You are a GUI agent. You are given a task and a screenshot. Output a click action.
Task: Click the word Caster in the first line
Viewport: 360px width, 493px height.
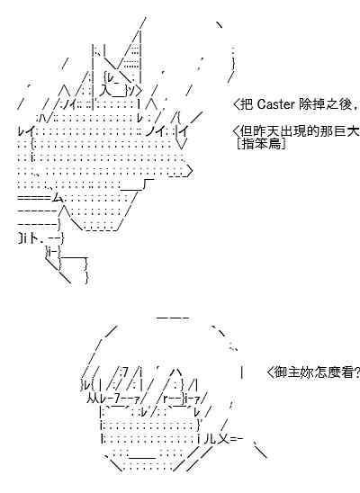pos(275,104)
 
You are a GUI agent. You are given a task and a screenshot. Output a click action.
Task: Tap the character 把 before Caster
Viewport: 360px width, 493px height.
pos(247,104)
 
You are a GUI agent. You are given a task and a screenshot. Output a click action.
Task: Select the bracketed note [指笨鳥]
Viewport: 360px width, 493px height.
pos(262,144)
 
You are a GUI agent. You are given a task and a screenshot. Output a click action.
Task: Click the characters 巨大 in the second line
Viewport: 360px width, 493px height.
pos(346,130)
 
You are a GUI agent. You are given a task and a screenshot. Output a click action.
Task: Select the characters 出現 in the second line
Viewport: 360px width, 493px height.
pos(293,130)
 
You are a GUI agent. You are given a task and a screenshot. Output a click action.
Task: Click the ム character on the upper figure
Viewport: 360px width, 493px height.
pos(58,197)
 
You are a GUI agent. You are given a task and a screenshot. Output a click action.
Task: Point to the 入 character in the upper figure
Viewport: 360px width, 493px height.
pos(104,91)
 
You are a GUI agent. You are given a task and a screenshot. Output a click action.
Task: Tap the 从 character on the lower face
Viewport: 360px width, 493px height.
pos(93,399)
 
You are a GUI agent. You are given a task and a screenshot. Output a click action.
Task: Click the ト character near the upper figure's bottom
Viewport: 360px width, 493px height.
pos(38,239)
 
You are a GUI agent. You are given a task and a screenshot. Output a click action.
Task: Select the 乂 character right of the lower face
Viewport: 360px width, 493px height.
pos(223,439)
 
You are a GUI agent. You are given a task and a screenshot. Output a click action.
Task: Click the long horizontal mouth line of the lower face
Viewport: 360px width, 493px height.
pos(142,458)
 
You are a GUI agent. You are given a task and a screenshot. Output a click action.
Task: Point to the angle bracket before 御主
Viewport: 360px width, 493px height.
pos(270,372)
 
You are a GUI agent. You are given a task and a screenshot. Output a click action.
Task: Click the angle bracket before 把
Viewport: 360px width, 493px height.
pos(237,104)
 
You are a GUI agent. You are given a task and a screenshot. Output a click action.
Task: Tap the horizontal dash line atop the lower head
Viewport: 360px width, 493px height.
pos(173,318)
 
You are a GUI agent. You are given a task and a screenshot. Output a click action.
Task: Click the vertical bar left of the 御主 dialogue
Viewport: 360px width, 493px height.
pos(241,372)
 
